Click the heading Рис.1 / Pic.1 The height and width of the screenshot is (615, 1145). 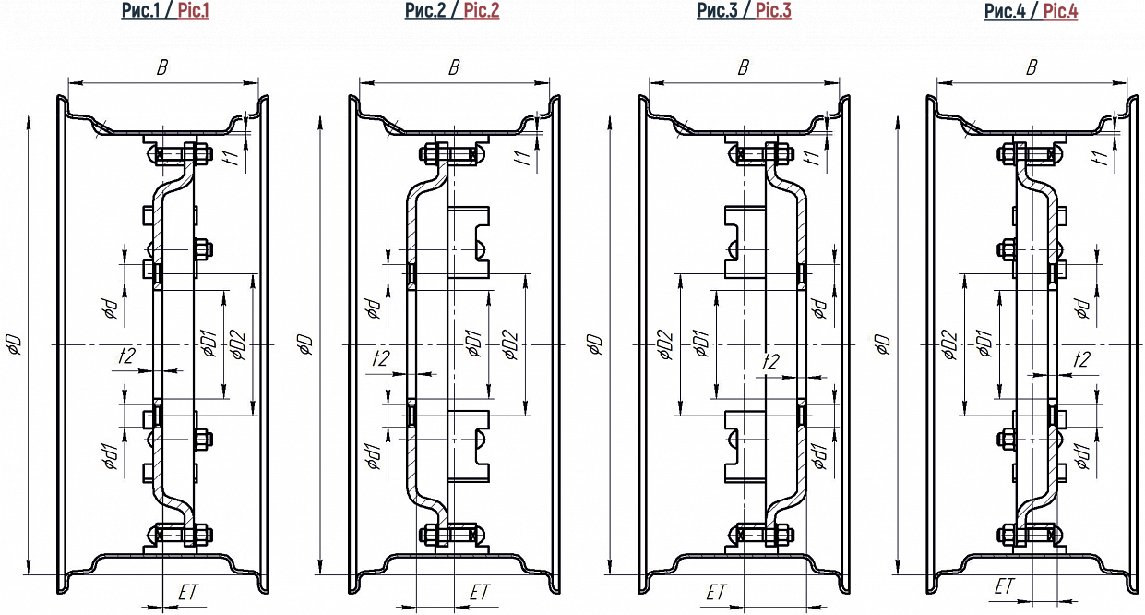click(x=165, y=11)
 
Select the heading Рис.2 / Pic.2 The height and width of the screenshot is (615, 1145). click(x=452, y=11)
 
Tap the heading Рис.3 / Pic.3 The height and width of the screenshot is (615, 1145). click(x=744, y=11)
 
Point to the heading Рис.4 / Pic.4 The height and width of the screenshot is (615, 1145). click(x=1031, y=11)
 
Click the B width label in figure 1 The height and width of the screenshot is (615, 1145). click(x=162, y=67)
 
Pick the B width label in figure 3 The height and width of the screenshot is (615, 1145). click(x=744, y=67)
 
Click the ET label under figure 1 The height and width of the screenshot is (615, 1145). click(x=187, y=593)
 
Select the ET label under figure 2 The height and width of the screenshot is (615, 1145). click(x=480, y=593)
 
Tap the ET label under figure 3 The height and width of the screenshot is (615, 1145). click(x=716, y=593)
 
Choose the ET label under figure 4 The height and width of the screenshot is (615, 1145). click(x=1004, y=585)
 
